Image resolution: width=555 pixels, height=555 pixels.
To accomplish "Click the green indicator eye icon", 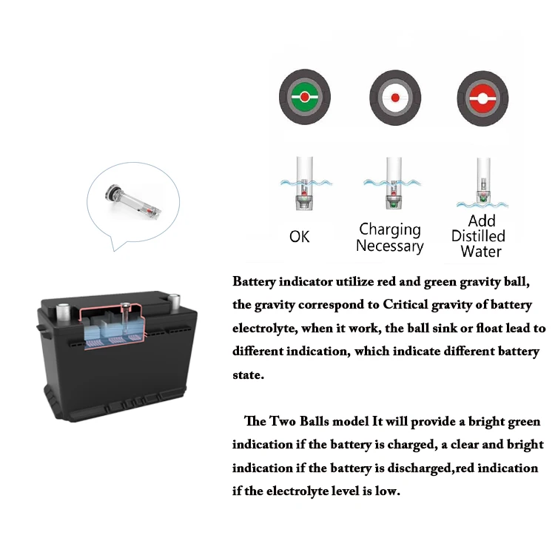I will coord(304,98).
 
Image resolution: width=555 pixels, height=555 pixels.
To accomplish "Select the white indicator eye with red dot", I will coord(394,98).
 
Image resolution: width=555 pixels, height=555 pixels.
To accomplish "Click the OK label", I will coord(300,237).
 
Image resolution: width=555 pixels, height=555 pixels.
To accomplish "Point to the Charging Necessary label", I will coord(390,238).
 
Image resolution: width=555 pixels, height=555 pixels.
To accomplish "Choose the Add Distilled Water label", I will coord(479,236).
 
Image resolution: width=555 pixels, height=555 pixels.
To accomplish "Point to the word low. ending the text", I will coord(386,491).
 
